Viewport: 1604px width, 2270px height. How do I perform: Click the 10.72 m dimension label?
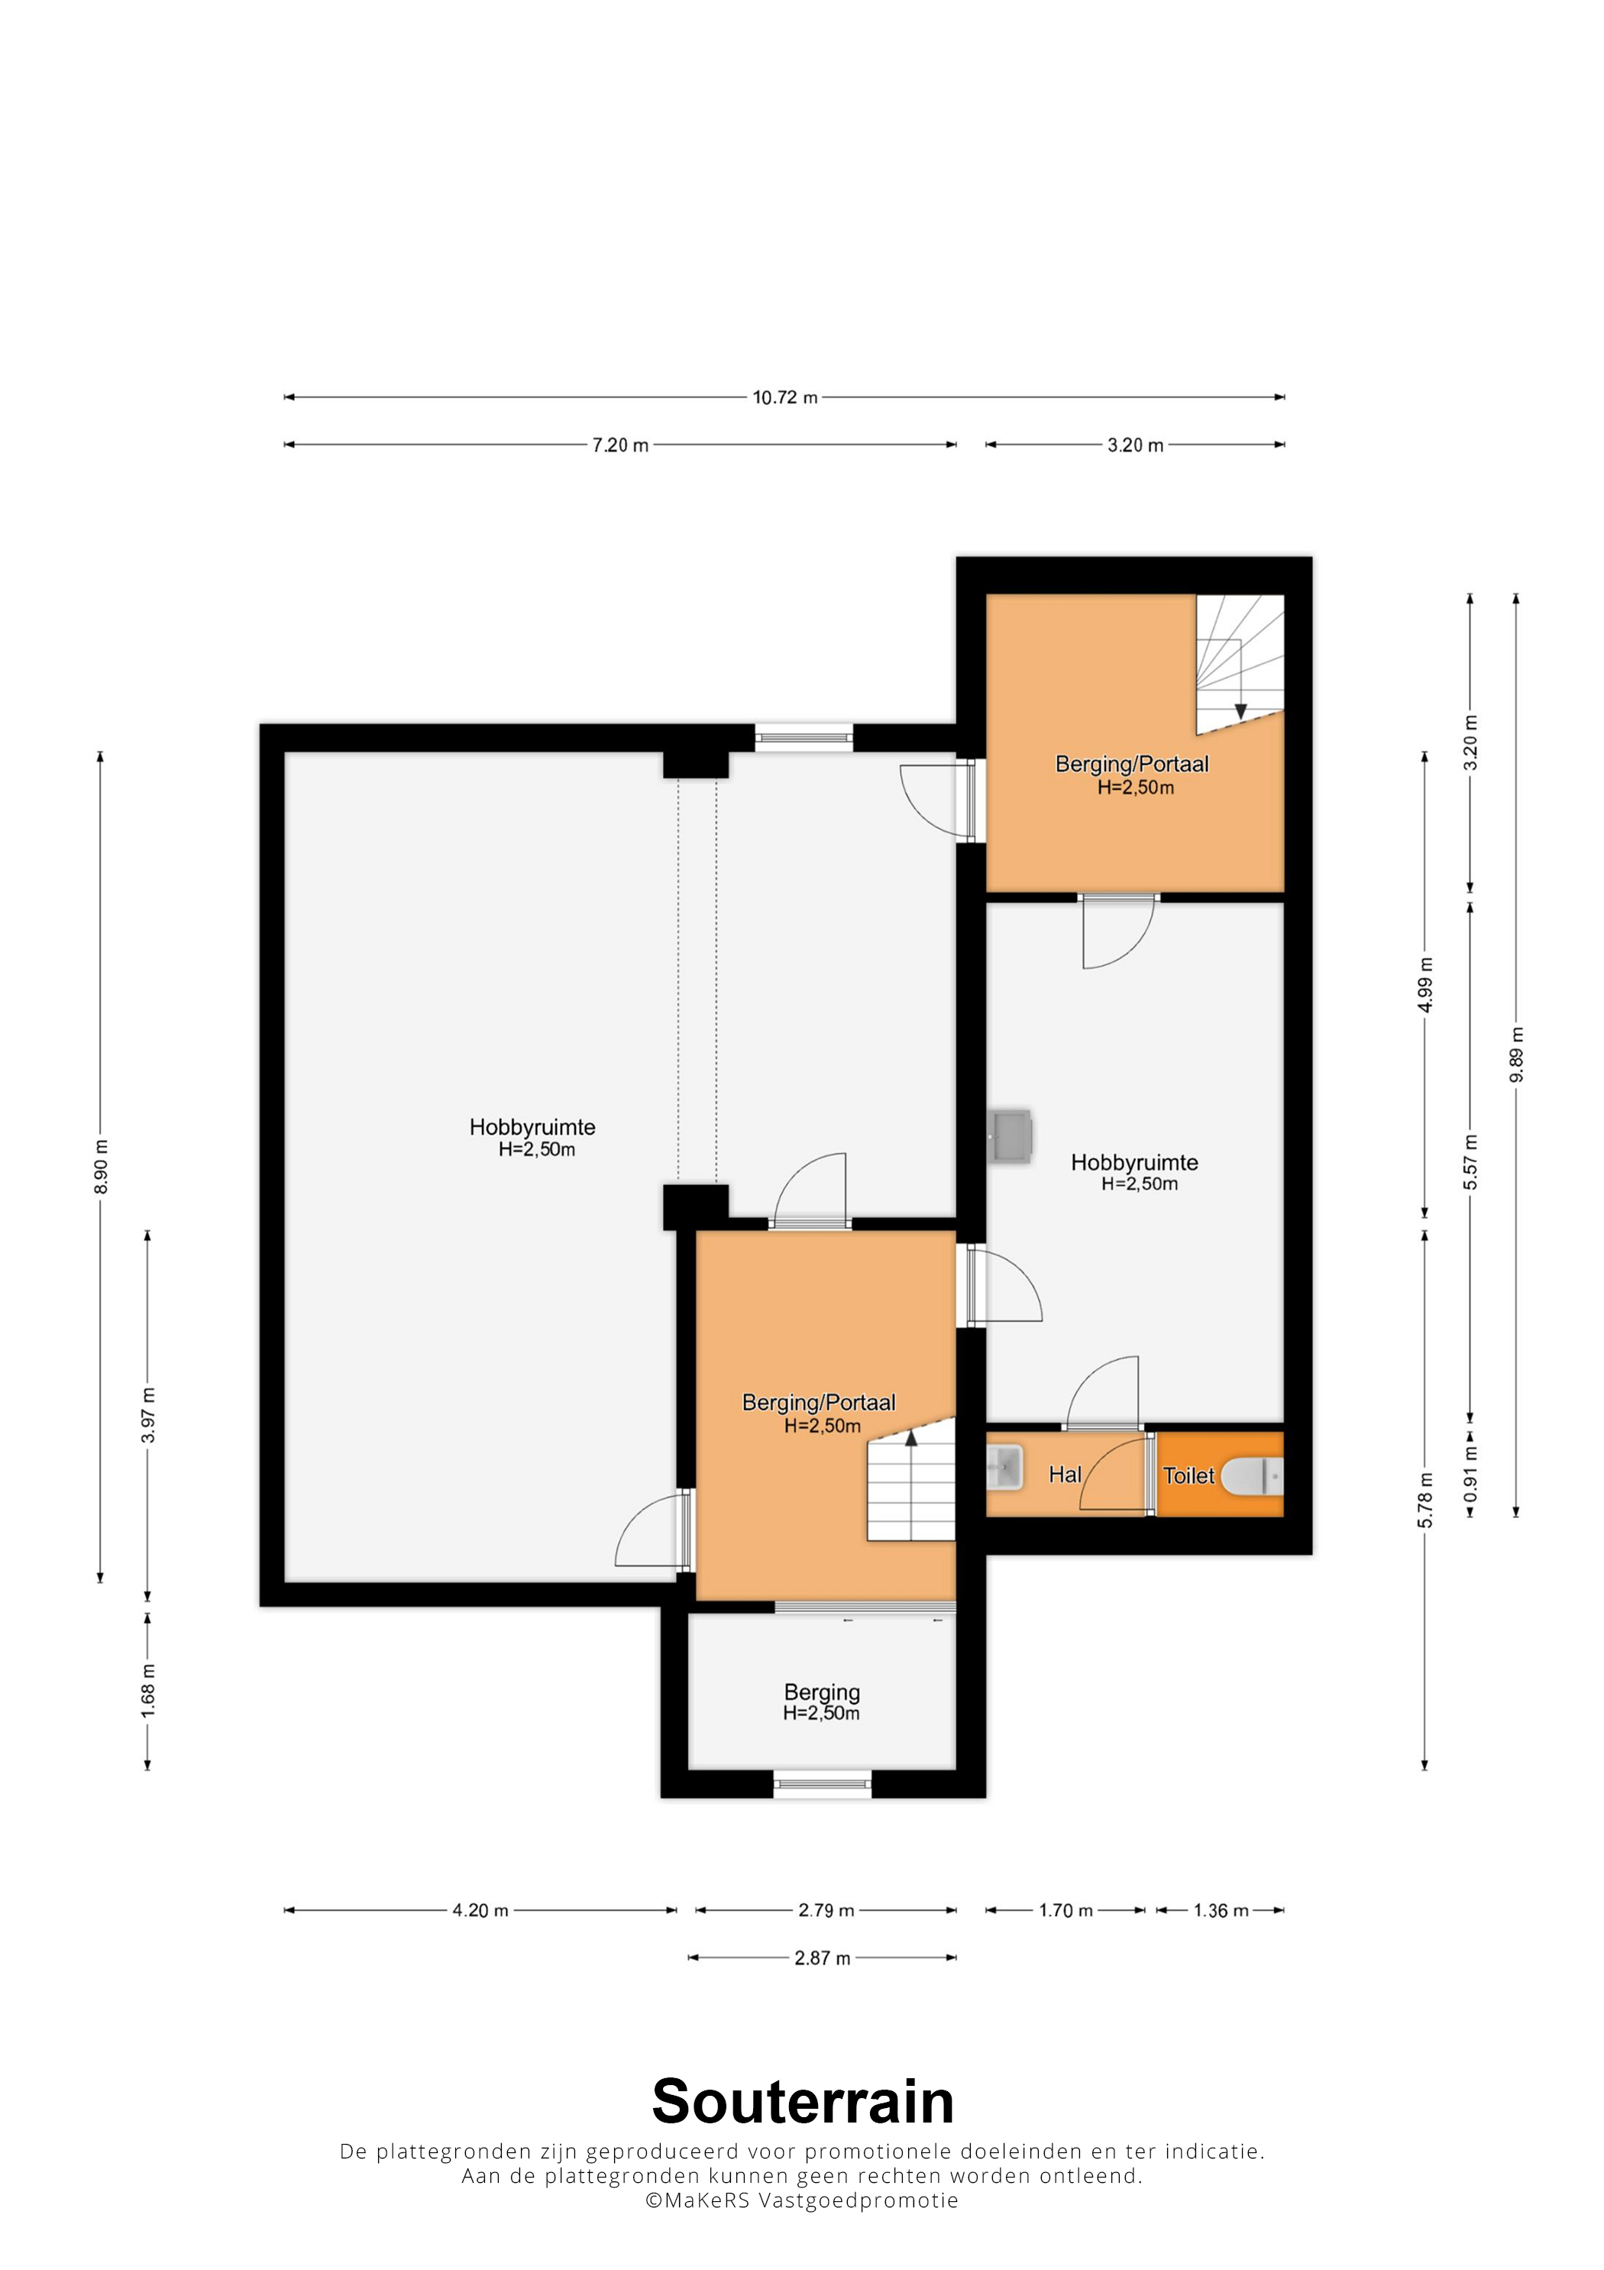click(x=784, y=397)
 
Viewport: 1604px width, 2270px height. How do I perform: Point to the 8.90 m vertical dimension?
click(x=101, y=1167)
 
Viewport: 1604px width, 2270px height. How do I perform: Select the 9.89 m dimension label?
click(x=1516, y=1055)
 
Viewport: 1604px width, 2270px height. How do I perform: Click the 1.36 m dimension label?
click(x=1221, y=1910)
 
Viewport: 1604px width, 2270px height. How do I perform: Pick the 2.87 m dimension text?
click(x=823, y=1958)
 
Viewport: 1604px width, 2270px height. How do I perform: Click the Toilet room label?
click(x=1188, y=1475)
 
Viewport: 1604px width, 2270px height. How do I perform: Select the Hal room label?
click(x=1065, y=1474)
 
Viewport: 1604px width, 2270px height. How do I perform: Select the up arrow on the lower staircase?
click(x=911, y=1437)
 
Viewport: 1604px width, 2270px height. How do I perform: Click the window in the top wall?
click(x=804, y=734)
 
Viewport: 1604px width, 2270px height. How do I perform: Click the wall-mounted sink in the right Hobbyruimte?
click(x=1009, y=1135)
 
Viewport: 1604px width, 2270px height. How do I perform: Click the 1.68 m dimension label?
click(x=148, y=1689)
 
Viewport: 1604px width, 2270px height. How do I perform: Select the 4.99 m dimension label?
click(x=1425, y=985)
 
